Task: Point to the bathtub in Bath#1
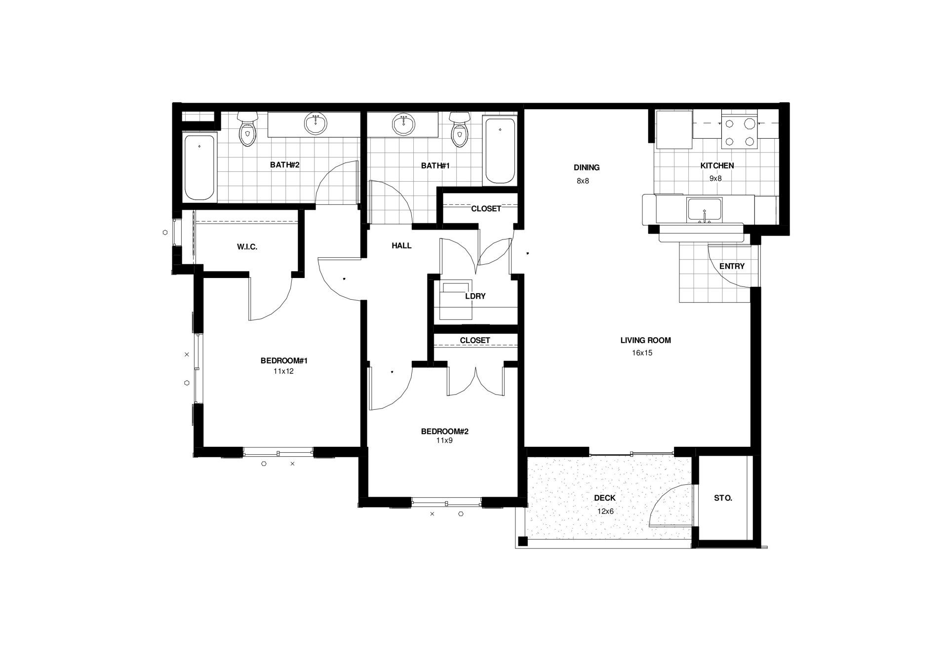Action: click(x=500, y=151)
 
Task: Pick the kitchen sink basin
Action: click(x=705, y=210)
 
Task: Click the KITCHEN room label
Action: click(x=717, y=166)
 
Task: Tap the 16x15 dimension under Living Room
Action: click(x=642, y=353)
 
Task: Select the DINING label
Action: click(x=587, y=167)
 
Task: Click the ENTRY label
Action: click(x=732, y=266)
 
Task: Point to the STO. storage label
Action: click(x=723, y=499)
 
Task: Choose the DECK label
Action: click(x=605, y=498)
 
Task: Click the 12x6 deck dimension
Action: click(x=605, y=512)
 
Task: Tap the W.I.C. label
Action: click(x=247, y=247)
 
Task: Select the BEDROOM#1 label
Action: click(x=284, y=361)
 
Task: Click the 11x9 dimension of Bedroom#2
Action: click(x=444, y=440)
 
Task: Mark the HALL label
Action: click(x=401, y=245)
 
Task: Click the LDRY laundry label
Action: click(x=475, y=296)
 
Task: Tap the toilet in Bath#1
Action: click(x=460, y=129)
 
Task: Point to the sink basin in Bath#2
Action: click(x=315, y=123)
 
